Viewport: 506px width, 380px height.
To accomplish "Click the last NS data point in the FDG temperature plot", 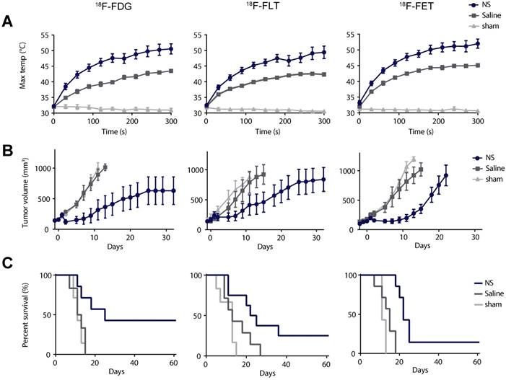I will point(171,49).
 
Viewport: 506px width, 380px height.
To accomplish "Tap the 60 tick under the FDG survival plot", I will point(174,363).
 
